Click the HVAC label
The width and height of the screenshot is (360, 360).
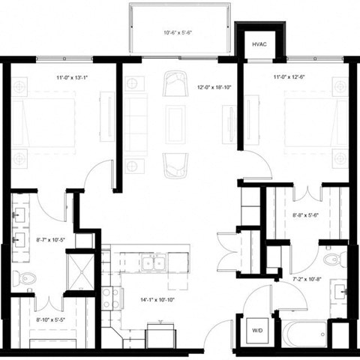pos(259,44)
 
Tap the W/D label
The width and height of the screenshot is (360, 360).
pos(256,329)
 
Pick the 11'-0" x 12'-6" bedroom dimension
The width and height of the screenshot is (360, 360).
pos(289,76)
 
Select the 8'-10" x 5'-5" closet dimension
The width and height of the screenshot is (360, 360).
pos(50,321)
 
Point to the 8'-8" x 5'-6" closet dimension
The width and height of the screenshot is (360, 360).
pos(307,215)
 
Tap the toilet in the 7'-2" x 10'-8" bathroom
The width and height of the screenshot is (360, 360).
pos(331,259)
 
